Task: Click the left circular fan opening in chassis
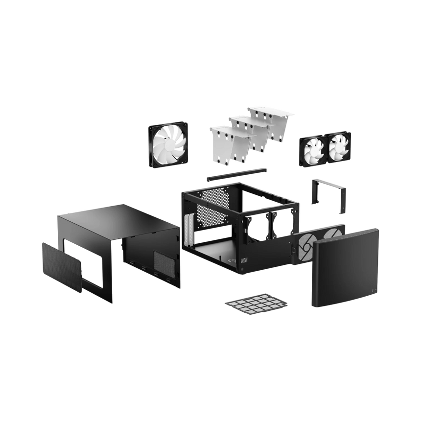click(x=258, y=226)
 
